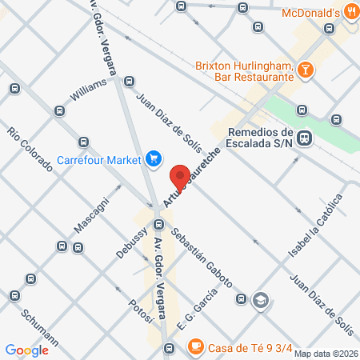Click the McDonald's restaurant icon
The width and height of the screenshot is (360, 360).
pyautogui.click(x=351, y=12)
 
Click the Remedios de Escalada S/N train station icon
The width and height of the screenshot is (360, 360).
pyautogui.click(x=305, y=138)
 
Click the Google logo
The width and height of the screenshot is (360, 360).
pyautogui.click(x=26, y=350)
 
